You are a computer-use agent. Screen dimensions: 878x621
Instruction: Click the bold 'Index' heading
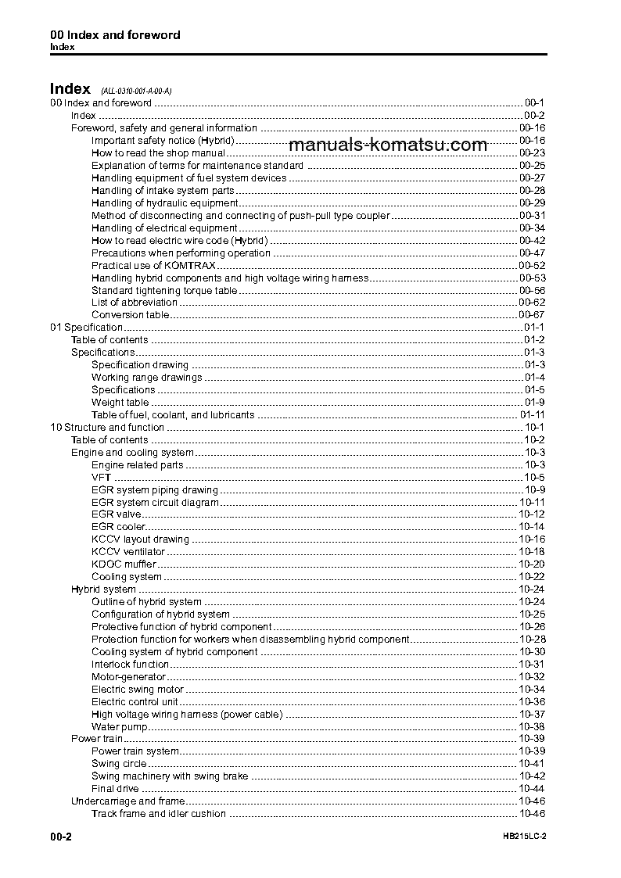70,88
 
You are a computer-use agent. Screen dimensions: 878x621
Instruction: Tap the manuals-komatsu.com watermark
387,145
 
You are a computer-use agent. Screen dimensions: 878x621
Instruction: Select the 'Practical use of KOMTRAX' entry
142,265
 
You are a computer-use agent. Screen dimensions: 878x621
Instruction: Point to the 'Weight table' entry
120,403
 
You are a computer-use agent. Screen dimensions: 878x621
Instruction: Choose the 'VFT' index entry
101,478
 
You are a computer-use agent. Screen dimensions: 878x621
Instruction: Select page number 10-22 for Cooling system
532,577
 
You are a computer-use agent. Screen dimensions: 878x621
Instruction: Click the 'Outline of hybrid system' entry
146,602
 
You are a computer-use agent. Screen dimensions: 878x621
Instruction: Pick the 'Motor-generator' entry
128,677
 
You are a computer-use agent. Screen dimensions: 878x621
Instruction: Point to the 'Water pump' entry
119,727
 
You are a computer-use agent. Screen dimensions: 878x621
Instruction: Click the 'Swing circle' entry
118,764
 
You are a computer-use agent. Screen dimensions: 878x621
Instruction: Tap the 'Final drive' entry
115,789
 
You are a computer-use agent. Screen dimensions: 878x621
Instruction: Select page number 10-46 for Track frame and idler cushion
532,814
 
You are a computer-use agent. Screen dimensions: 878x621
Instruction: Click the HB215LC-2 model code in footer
524,837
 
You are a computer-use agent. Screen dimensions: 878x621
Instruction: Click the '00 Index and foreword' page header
115,35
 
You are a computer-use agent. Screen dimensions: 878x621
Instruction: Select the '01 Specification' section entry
86,328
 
